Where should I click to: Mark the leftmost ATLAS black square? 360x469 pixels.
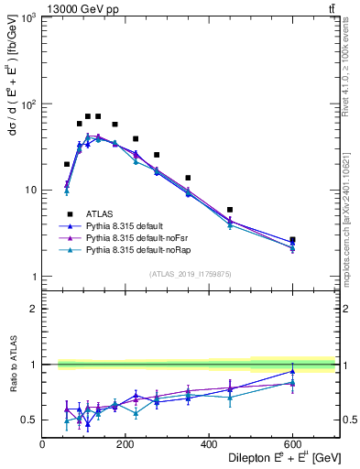point(67,164)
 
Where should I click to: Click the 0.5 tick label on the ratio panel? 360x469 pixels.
point(29,420)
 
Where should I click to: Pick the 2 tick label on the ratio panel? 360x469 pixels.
point(33,309)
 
